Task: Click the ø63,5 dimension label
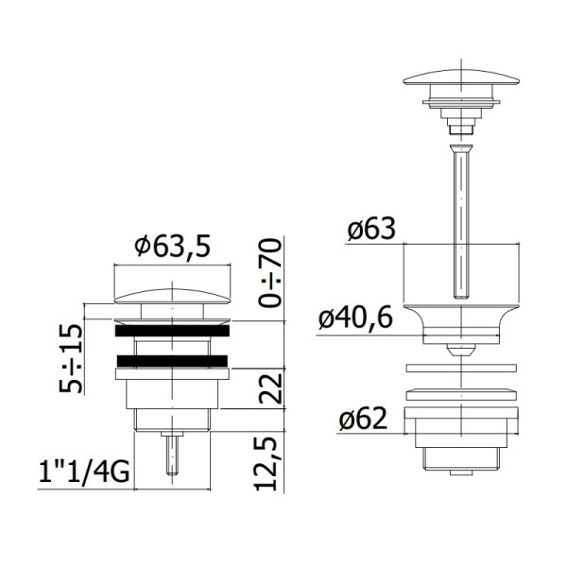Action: click(172, 247)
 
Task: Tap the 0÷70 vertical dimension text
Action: click(270, 273)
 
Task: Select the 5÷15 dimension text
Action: click(71, 357)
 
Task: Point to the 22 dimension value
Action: click(270, 388)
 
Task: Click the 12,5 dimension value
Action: click(266, 464)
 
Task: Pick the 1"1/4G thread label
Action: click(84, 472)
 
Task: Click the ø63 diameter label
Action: click(371, 230)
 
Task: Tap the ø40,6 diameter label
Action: click(355, 318)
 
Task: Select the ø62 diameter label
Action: click(363, 419)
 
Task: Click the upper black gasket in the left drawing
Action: click(172, 331)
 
